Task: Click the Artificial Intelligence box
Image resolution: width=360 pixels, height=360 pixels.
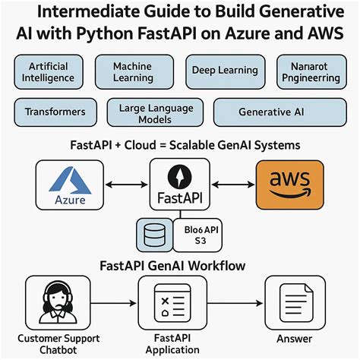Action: tap(48, 73)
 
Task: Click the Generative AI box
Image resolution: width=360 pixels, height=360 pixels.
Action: tap(271, 111)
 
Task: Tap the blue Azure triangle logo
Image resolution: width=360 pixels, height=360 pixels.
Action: tap(70, 178)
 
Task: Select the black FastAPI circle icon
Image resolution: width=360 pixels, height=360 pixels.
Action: tap(180, 176)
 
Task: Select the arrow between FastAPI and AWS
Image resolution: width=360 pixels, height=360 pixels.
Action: tap(232, 185)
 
